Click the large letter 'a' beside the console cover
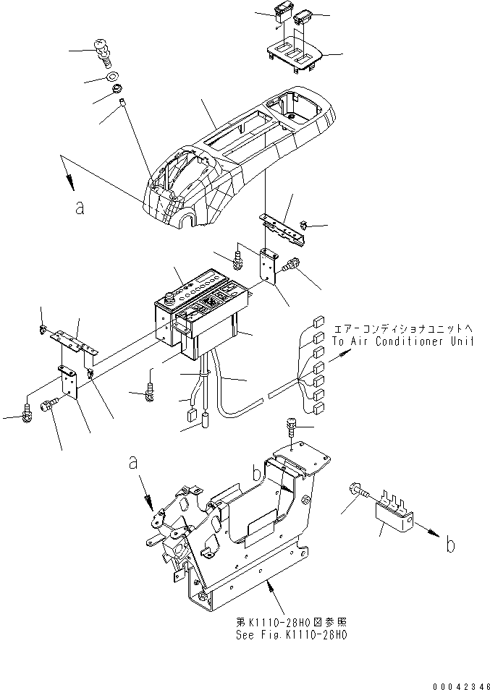tap(80, 208)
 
